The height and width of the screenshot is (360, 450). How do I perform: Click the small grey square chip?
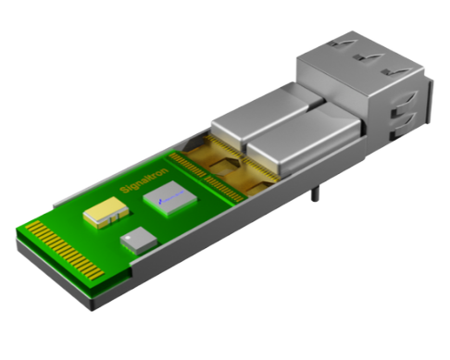coord(139,240)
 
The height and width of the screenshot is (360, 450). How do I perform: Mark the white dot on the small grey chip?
coord(127,237)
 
